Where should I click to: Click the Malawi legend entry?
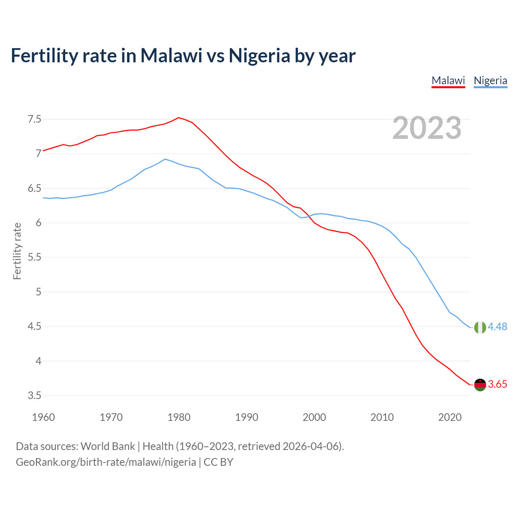[448, 81]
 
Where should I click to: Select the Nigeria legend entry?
[490, 81]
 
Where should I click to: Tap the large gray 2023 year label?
[427, 128]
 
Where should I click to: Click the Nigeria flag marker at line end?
[480, 327]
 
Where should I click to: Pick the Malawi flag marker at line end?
[480, 385]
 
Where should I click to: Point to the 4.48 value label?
[497, 327]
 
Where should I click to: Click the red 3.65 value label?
[497, 384]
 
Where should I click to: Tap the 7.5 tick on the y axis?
[34, 119]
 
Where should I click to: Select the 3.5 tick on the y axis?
[34, 395]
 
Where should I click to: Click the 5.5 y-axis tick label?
[34, 257]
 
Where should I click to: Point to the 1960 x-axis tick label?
[43, 417]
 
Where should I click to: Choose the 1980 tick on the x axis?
[179, 417]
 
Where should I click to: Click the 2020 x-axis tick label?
[450, 417]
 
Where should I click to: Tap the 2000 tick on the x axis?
[314, 417]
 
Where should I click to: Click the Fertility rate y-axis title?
[17, 251]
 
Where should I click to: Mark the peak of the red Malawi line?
[179, 118]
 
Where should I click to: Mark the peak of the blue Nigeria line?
[165, 159]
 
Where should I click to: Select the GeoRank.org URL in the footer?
[106, 462]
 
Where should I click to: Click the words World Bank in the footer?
[108, 446]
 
